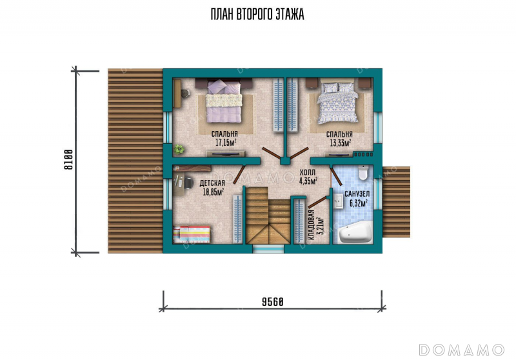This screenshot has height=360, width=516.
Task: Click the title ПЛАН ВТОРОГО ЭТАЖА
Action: point(257,14)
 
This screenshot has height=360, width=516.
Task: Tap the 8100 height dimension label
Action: point(68,159)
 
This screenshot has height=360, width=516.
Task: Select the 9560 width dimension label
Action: point(272,301)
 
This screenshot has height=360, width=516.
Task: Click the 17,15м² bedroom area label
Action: point(226,142)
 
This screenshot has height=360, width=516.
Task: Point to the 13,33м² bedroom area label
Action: point(341,142)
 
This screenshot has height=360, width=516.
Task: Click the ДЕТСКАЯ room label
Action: point(212,183)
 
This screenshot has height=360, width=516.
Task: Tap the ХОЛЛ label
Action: point(308,172)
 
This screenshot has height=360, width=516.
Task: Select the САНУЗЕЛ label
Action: point(357,194)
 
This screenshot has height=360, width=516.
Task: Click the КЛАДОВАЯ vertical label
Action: point(312,225)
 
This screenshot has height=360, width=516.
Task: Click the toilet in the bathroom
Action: point(362,172)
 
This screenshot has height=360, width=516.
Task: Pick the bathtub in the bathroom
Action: point(355,232)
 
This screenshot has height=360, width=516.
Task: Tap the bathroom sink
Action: point(338,201)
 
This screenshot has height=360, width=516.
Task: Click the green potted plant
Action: point(179,149)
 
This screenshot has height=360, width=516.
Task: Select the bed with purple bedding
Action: point(224,102)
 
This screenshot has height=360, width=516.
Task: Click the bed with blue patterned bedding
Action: point(337,102)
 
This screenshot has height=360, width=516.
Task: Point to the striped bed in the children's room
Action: point(192,234)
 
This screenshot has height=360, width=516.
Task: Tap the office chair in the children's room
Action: point(188,183)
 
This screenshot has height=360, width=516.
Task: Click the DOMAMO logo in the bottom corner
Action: point(461,350)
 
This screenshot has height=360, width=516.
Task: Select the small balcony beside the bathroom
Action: point(396,202)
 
